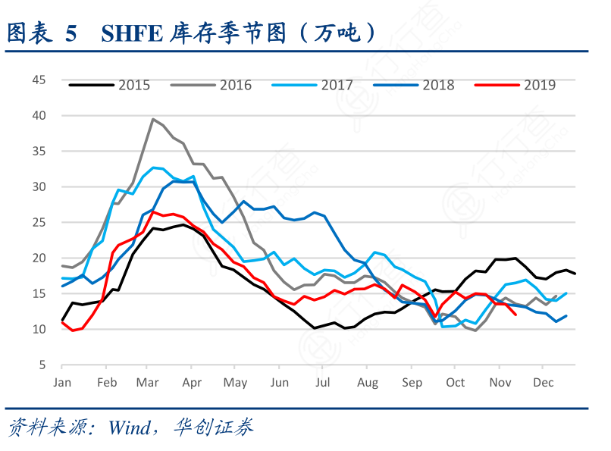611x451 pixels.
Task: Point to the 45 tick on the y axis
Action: [x=38, y=80]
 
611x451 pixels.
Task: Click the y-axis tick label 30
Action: [x=38, y=186]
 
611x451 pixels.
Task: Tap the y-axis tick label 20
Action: [x=38, y=258]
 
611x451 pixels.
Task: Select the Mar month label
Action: [x=147, y=383]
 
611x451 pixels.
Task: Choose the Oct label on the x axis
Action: [x=456, y=383]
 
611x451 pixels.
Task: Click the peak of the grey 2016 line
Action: [x=153, y=119]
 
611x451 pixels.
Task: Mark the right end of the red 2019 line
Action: [x=516, y=315]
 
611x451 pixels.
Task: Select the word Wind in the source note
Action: [x=130, y=428]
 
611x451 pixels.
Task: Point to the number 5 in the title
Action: [x=71, y=33]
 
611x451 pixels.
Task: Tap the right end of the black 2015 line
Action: [x=575, y=274]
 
